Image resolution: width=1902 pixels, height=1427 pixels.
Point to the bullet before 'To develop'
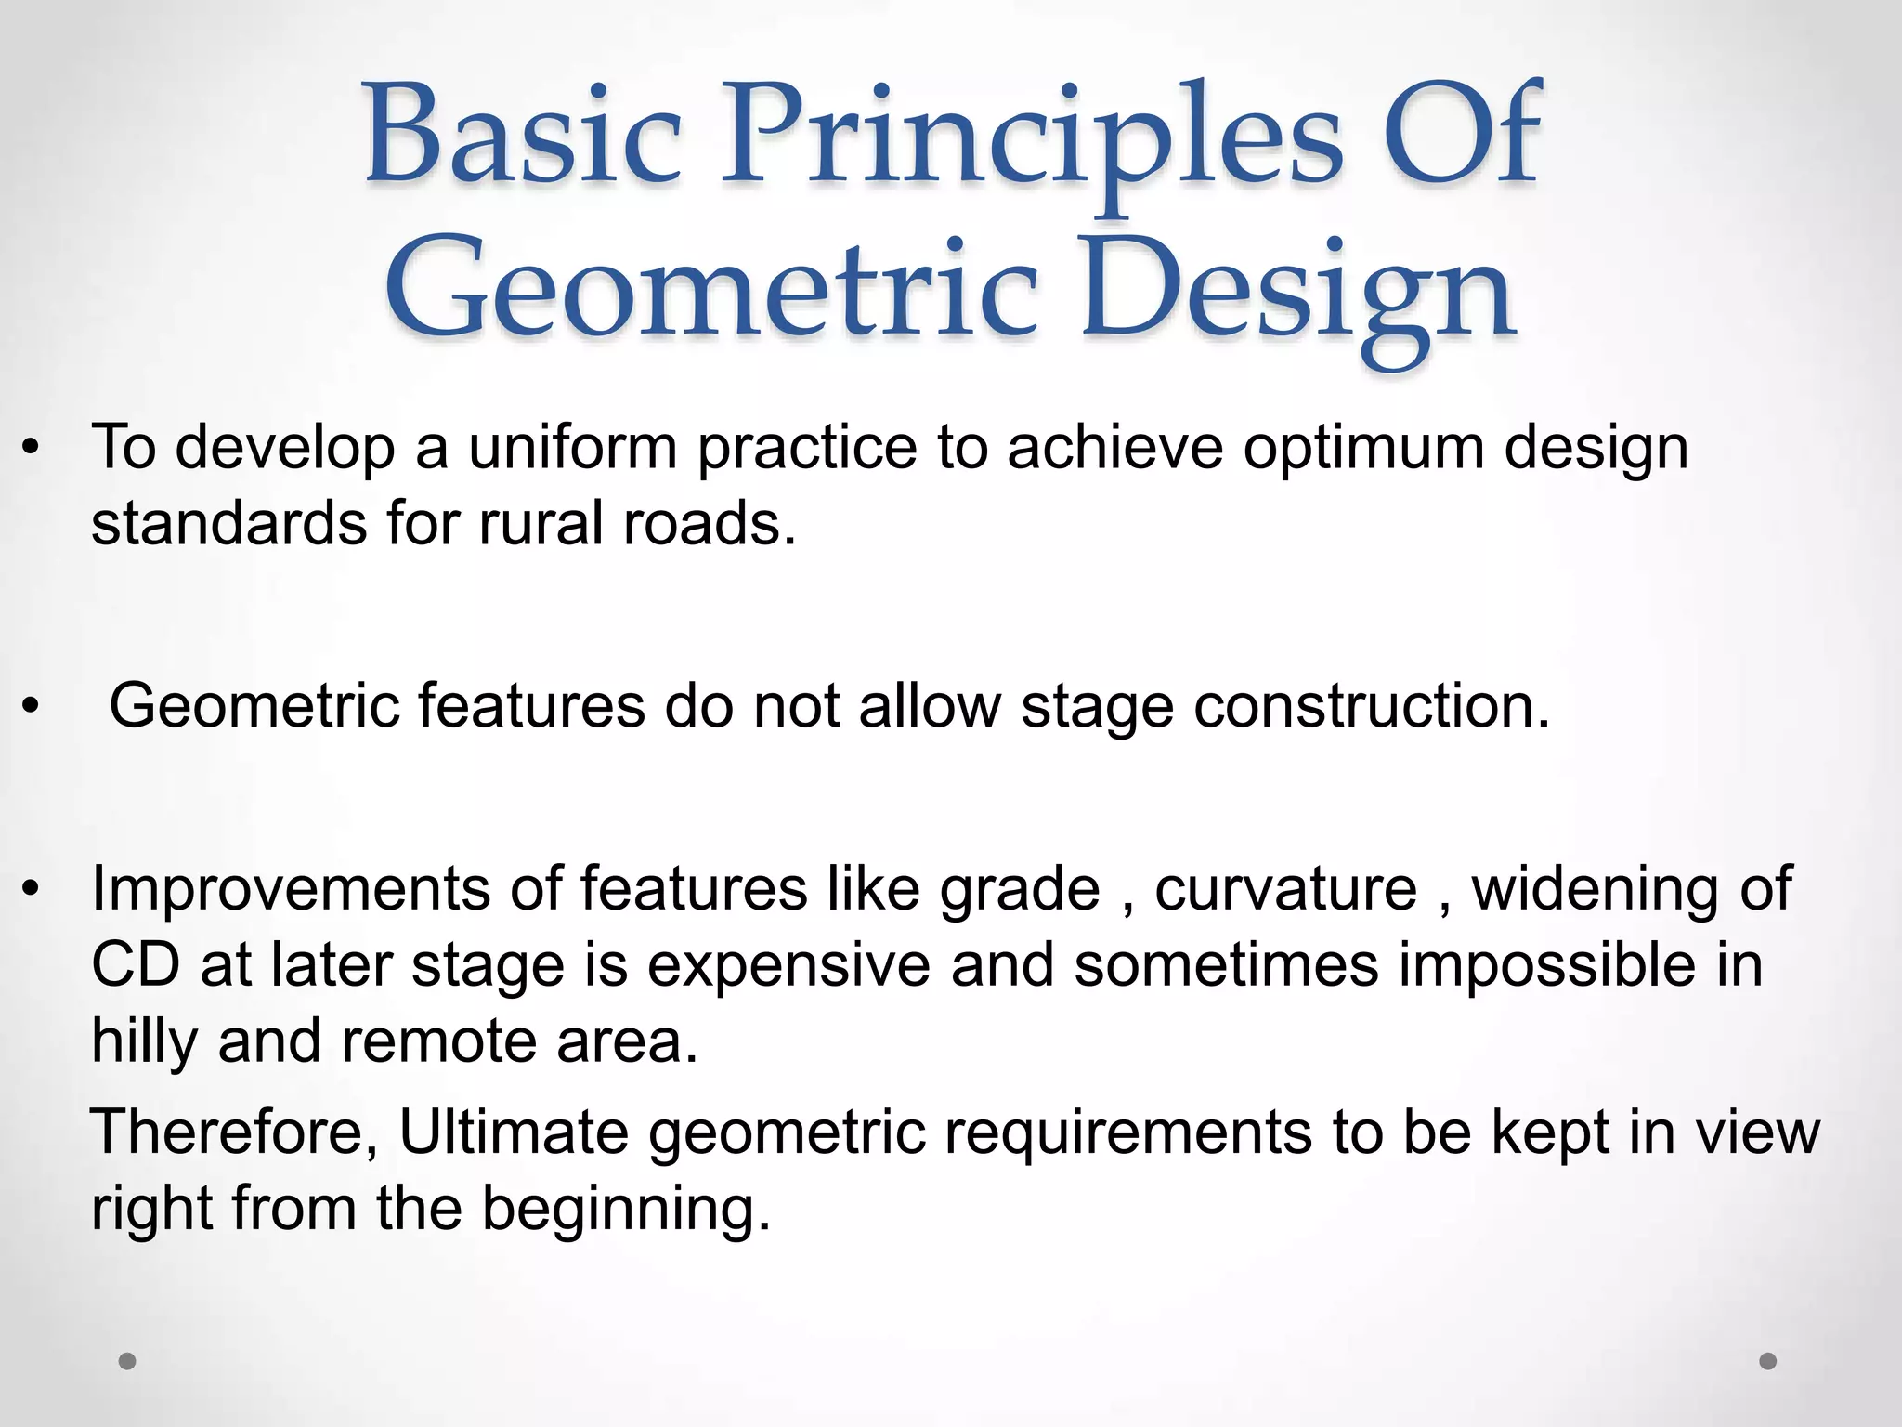32,449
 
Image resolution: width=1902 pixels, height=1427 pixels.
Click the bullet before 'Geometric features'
32,707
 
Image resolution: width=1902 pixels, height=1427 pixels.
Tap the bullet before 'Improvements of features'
32,890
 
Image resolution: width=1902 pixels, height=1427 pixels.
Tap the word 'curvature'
1285,889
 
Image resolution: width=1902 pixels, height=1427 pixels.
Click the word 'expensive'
788,966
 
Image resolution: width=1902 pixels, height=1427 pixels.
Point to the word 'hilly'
144,1042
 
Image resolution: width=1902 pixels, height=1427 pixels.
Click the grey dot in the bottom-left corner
127,1361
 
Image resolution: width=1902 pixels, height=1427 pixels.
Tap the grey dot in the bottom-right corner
1768,1361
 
